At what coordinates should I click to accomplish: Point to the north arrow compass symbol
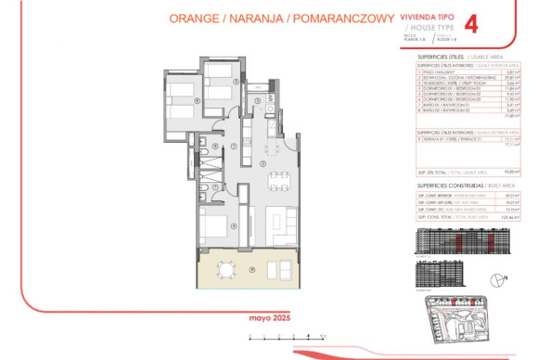(502, 276)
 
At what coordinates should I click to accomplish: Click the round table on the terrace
(225, 269)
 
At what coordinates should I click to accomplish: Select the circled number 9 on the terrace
(250, 270)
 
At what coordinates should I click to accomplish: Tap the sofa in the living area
(276, 222)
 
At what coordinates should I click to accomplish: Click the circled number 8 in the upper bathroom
(215, 146)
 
